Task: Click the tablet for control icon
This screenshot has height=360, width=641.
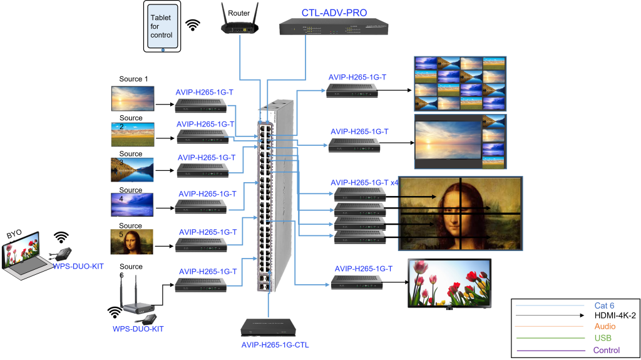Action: (x=162, y=26)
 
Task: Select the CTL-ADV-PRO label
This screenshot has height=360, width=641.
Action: (x=334, y=12)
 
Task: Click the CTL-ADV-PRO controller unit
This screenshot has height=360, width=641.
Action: (x=334, y=26)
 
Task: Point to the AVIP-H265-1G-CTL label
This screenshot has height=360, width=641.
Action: (x=275, y=345)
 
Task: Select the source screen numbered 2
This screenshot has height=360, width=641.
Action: (x=132, y=135)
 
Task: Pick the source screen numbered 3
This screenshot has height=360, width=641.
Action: (x=132, y=170)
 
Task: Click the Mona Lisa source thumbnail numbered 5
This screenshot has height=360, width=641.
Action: (x=132, y=242)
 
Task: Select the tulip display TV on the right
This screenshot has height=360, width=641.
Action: (x=449, y=283)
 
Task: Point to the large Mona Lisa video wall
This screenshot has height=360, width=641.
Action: (x=460, y=213)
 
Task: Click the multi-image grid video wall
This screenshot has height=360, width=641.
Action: (x=459, y=84)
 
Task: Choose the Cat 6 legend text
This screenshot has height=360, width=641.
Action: (x=604, y=306)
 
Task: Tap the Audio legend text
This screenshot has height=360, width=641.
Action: (x=605, y=326)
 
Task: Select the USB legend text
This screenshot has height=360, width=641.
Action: (x=603, y=338)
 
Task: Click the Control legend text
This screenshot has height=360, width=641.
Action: (x=606, y=350)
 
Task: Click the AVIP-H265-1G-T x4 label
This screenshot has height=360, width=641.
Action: (x=364, y=182)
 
